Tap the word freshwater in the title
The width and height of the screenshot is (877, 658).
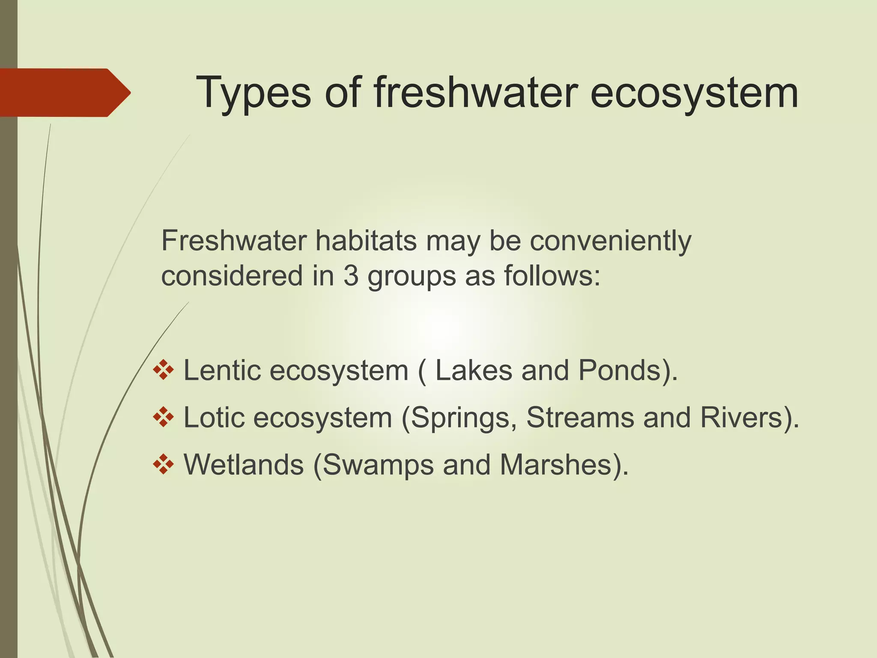[475, 93]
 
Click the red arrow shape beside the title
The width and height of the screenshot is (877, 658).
[64, 93]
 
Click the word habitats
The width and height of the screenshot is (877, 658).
[366, 241]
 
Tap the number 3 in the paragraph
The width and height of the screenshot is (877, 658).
[351, 276]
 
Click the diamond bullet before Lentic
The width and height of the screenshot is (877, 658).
[163, 370]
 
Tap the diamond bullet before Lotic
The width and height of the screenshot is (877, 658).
[163, 417]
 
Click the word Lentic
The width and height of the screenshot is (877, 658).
[222, 371]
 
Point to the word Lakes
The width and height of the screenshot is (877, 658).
[474, 371]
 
